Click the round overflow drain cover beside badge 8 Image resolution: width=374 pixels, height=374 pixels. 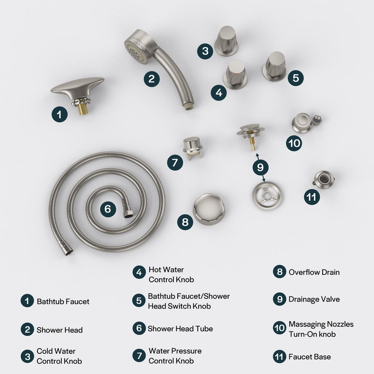point(209,209)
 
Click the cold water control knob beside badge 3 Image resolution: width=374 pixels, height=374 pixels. point(227,41)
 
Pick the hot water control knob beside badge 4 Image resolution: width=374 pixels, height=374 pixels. point(236,74)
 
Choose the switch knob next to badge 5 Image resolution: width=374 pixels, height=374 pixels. point(274,65)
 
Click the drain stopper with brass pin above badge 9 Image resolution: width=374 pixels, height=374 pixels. point(251,133)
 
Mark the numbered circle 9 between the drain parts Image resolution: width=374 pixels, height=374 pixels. point(261,166)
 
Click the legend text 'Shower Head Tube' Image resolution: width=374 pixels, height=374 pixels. point(173,329)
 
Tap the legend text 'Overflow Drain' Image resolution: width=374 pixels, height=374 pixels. point(314,272)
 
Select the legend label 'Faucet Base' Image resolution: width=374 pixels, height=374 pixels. point(309,357)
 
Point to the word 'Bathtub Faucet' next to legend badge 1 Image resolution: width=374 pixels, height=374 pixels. point(63,302)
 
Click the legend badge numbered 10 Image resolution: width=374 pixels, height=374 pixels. point(279,329)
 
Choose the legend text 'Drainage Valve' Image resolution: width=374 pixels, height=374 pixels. point(314,299)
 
